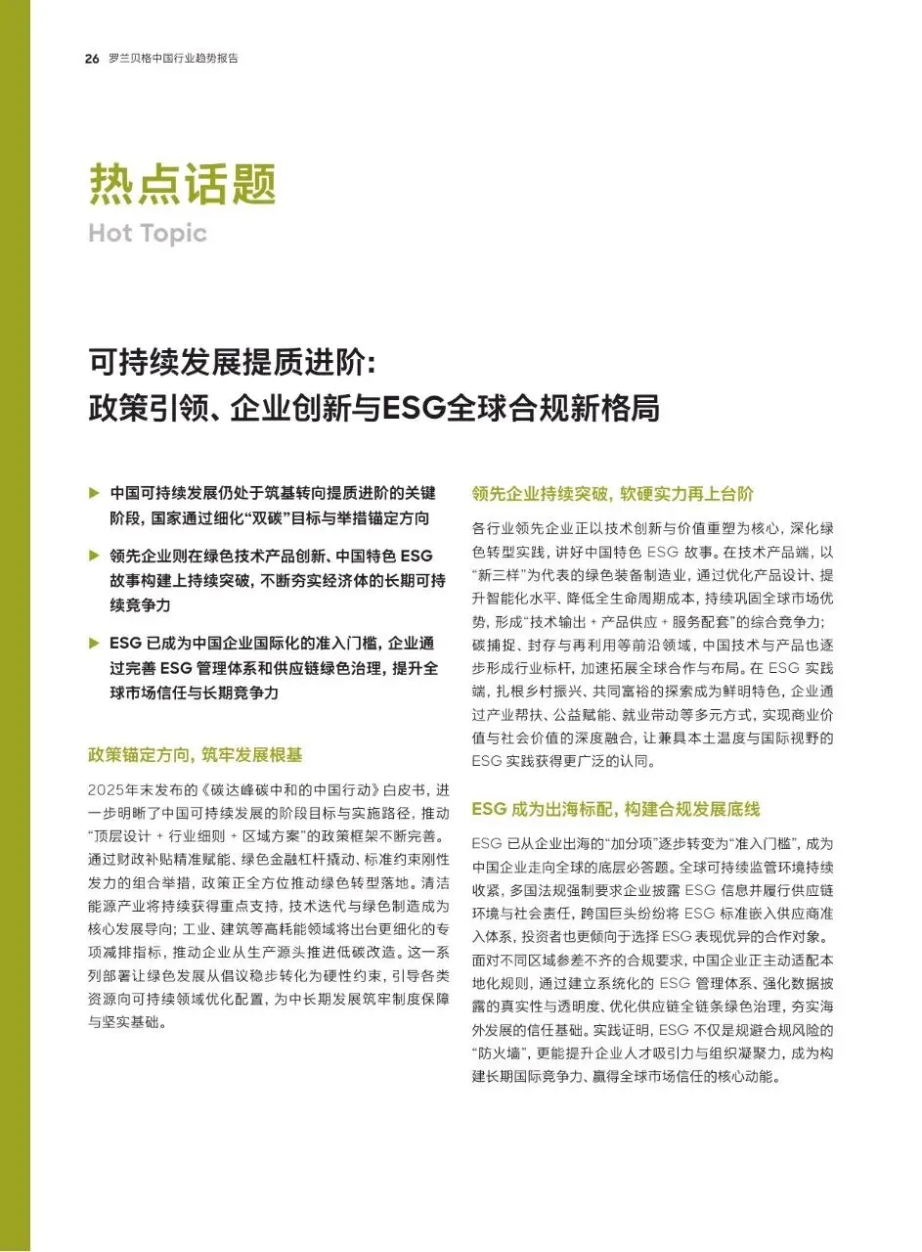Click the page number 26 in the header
pyautogui.click(x=92, y=59)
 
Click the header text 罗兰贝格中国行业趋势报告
pyautogui.click(x=173, y=59)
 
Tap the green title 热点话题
pyautogui.click(x=183, y=183)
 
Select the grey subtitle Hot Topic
pyautogui.click(x=148, y=233)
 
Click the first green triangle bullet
pyautogui.click(x=94, y=491)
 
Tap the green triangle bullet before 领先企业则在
pyautogui.click(x=94, y=555)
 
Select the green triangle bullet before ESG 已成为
pyautogui.click(x=94, y=643)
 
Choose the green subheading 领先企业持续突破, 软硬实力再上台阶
pyautogui.click(x=612, y=494)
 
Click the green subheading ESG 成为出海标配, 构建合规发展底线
pyautogui.click(x=615, y=810)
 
